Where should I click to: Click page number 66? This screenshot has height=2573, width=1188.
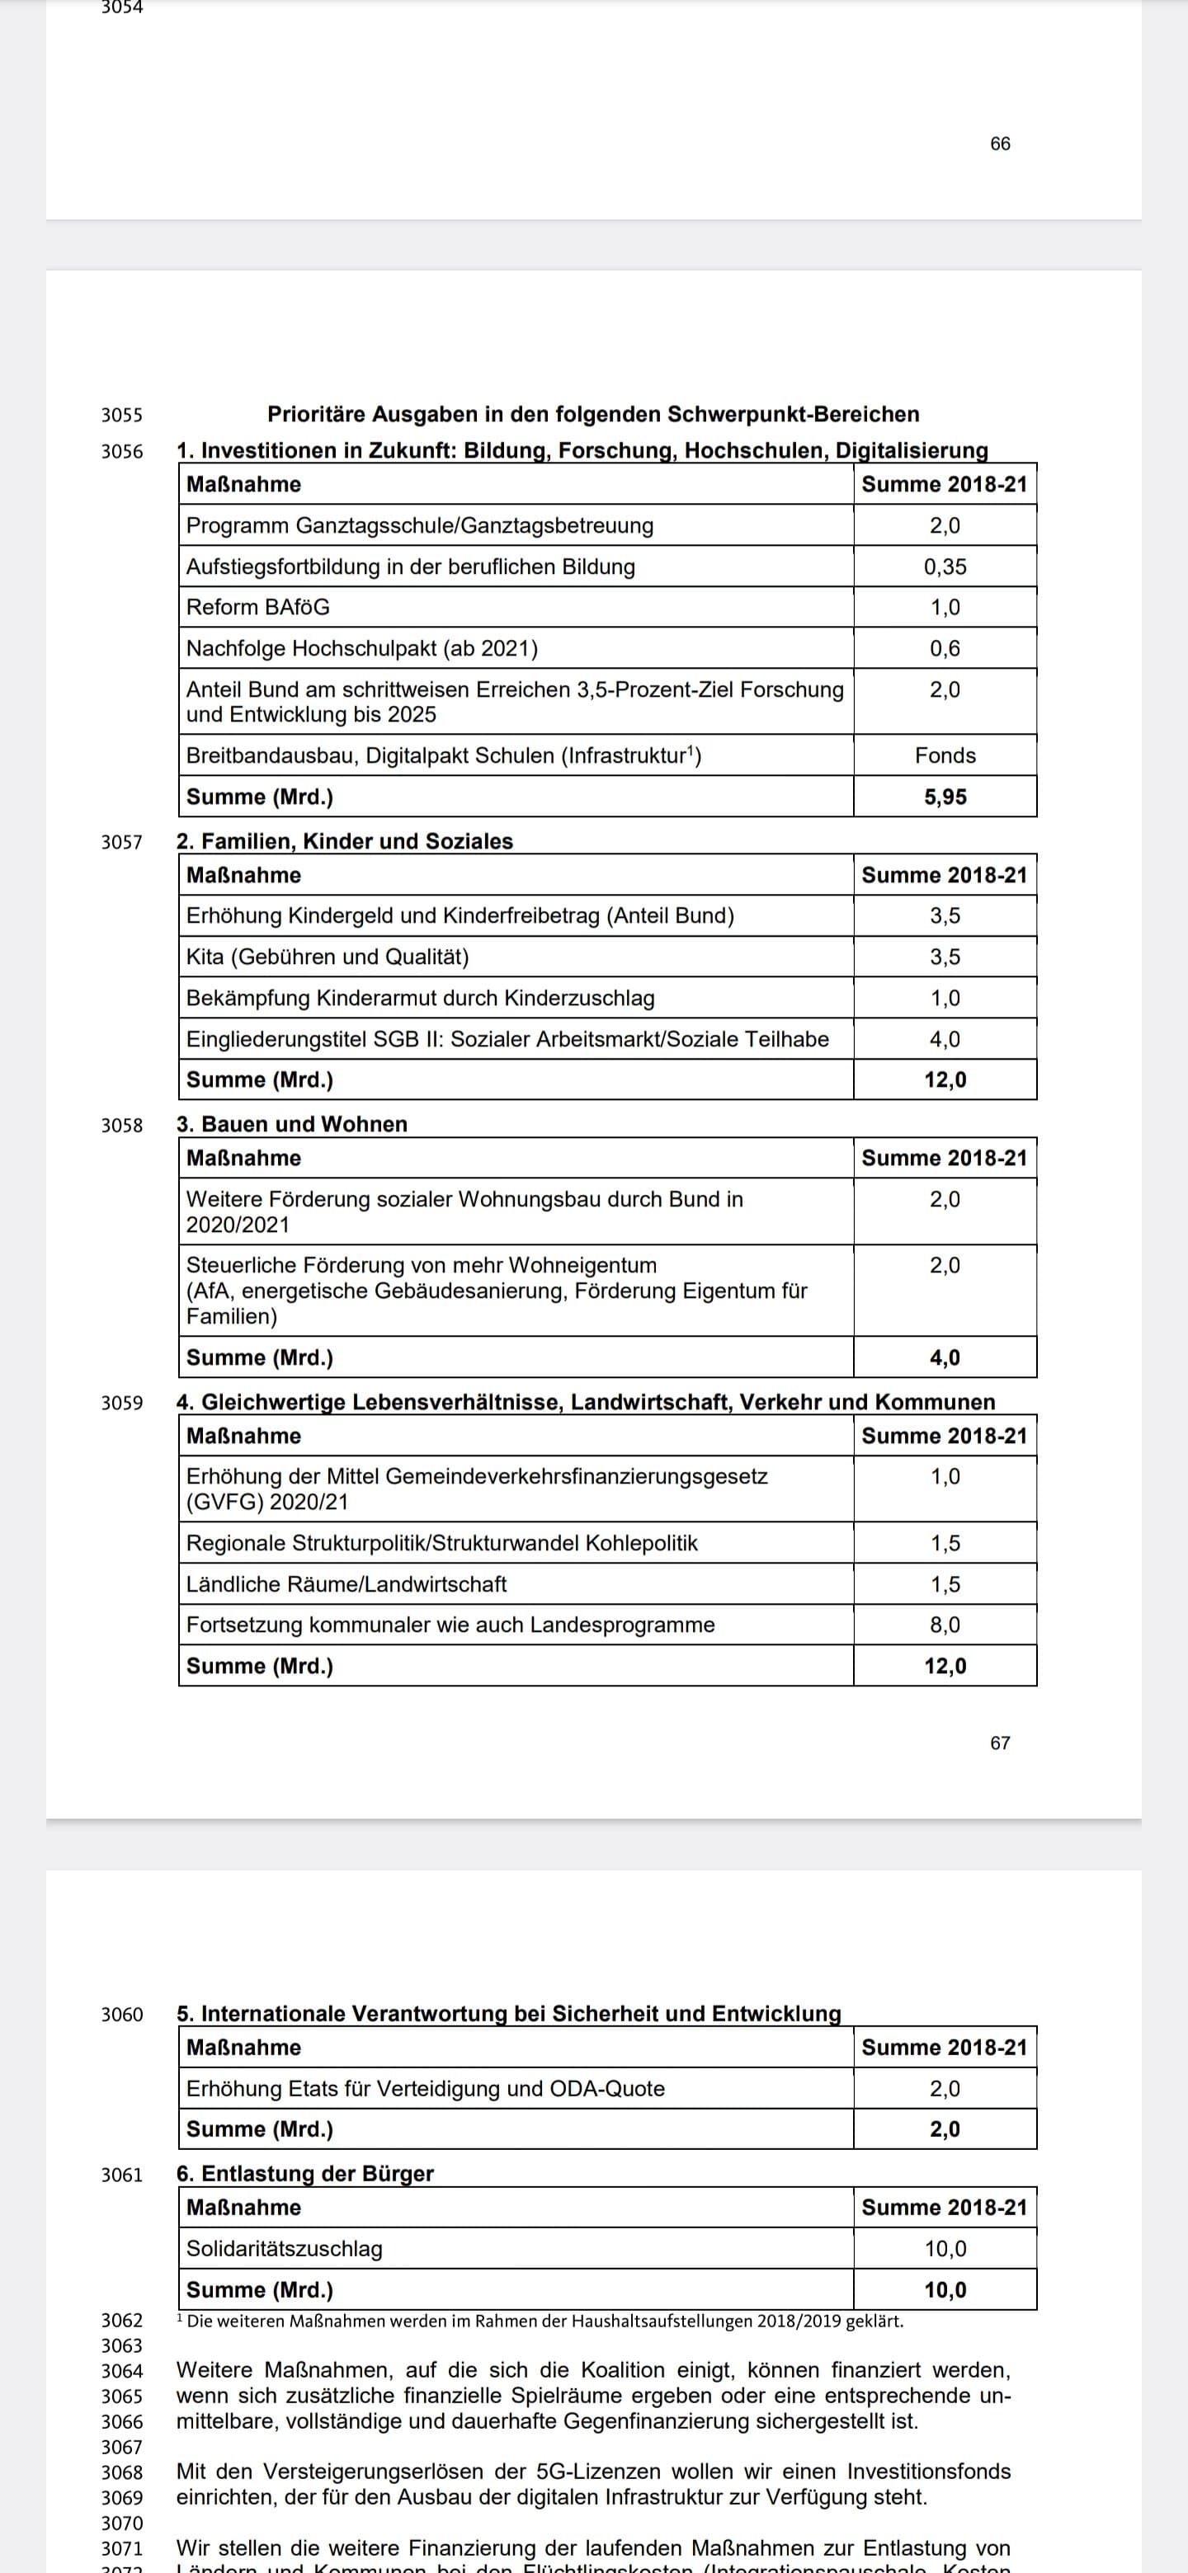(999, 143)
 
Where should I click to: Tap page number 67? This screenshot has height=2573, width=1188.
(999, 1742)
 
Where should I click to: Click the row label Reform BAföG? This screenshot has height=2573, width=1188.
(257, 607)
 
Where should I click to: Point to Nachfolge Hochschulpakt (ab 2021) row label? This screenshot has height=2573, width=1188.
(361, 648)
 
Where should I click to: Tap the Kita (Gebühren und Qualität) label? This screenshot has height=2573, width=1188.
(327, 957)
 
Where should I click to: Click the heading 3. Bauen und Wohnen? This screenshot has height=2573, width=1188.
(292, 1124)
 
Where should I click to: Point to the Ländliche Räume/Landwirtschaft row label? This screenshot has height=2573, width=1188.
(346, 1584)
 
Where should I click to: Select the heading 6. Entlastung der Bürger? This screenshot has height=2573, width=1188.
(304, 2174)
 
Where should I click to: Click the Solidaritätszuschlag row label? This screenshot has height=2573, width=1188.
(284, 2248)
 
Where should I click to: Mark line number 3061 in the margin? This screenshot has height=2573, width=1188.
(122, 2175)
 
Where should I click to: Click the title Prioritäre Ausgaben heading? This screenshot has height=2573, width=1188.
(592, 413)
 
